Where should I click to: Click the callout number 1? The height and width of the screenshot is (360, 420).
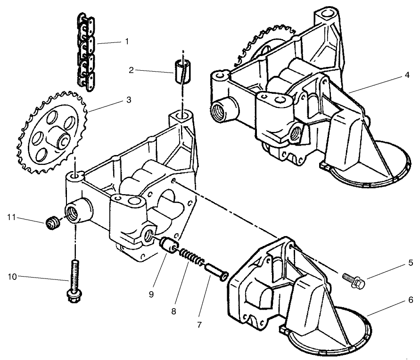coord(126,41)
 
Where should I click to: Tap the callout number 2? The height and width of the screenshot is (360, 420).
coord(132,71)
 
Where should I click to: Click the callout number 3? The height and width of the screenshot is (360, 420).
coord(128,100)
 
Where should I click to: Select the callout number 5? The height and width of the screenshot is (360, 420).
coord(411,263)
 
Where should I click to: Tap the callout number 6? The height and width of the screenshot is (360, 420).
coord(411,299)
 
